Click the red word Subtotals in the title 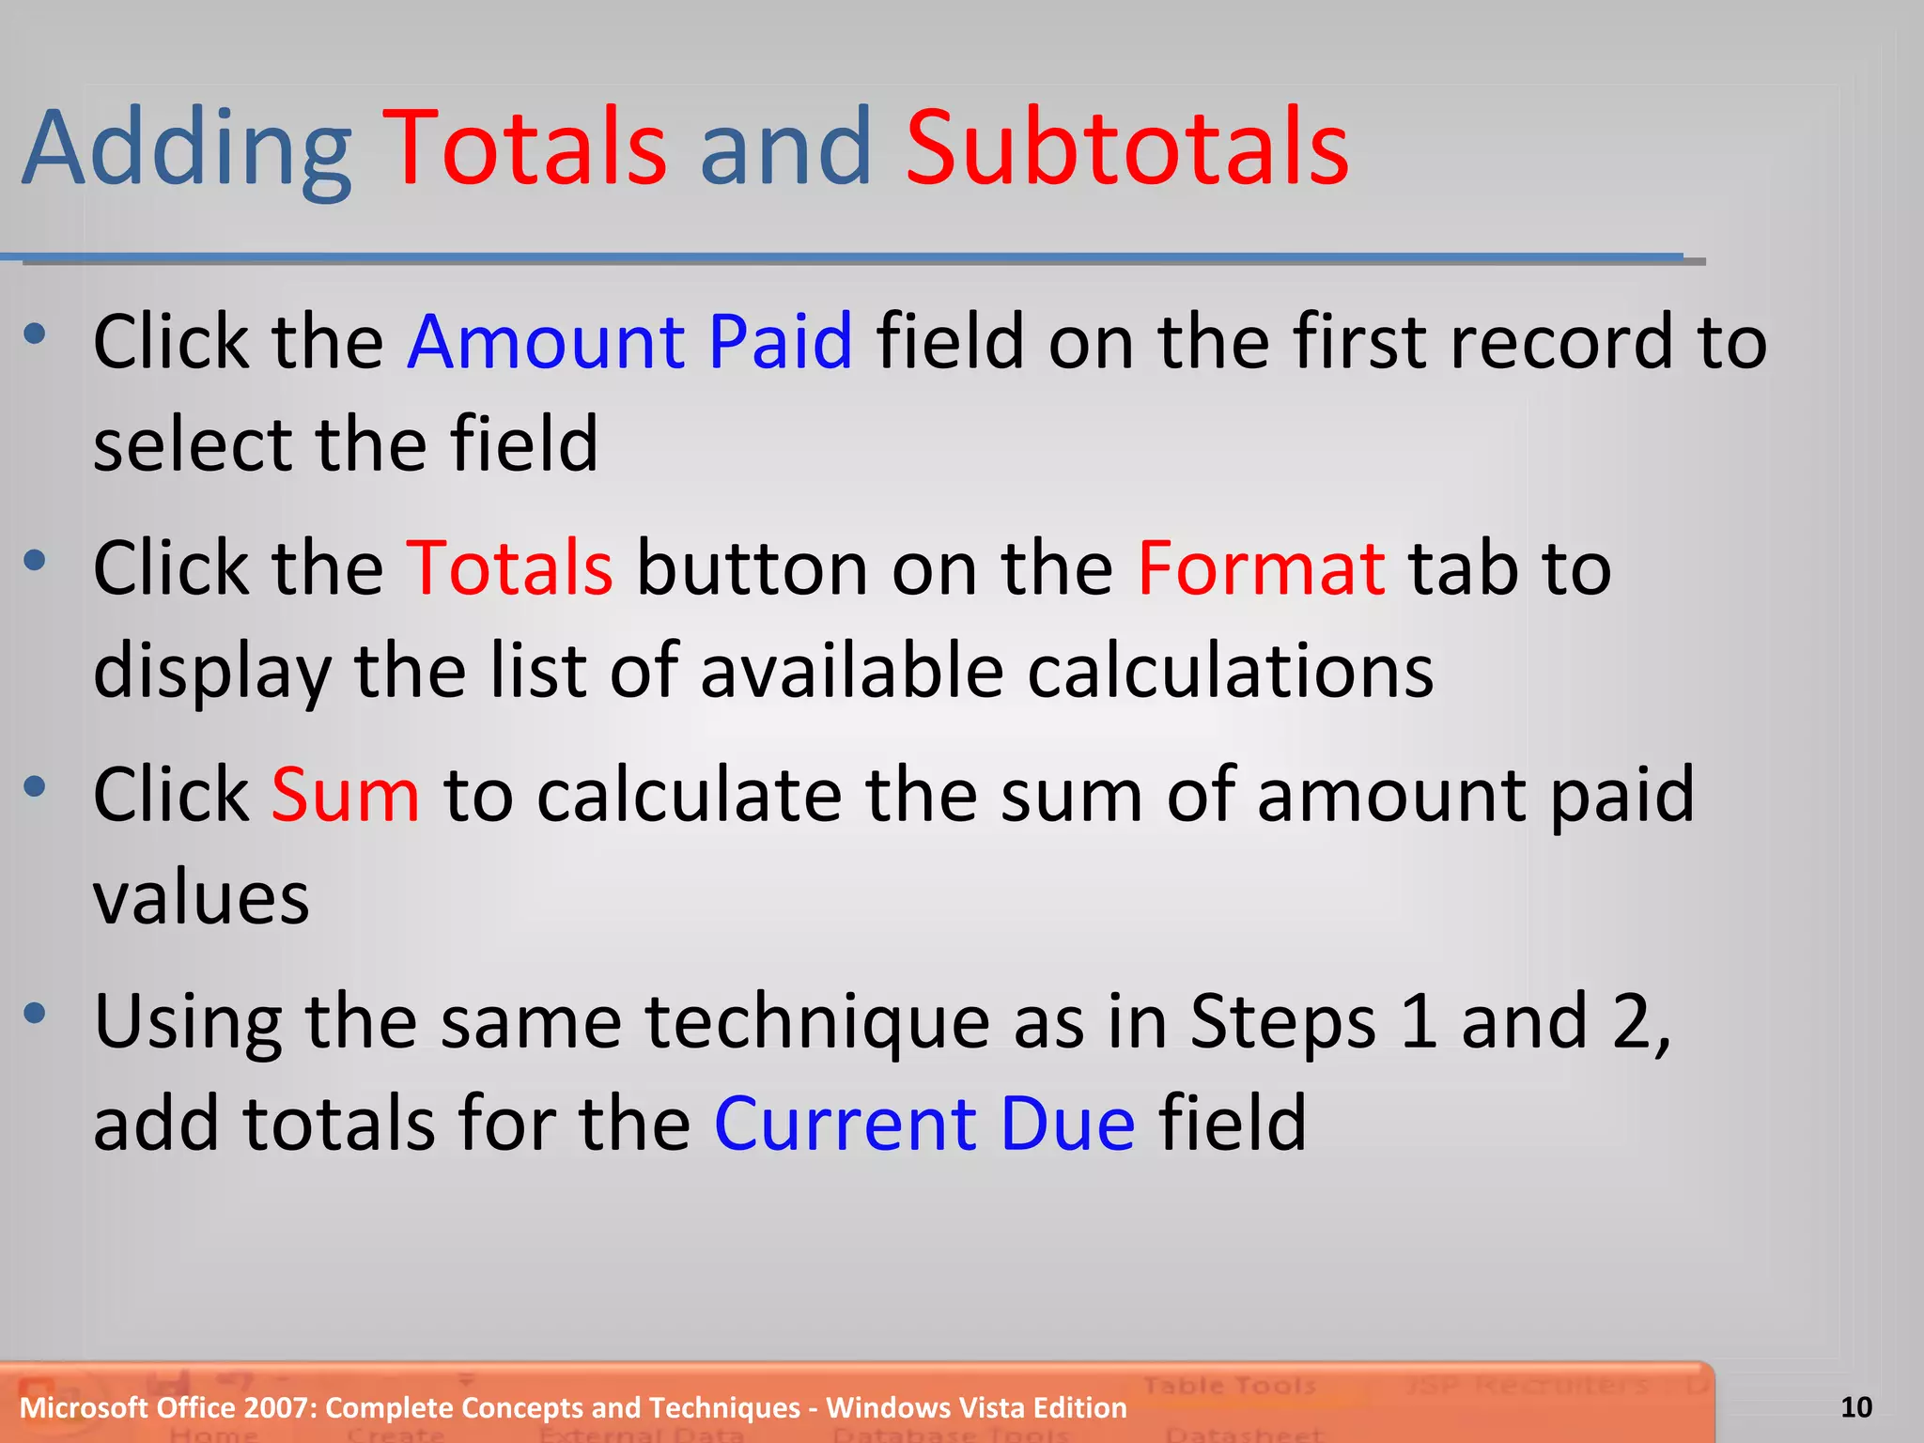[1126, 148]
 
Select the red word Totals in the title [526, 148]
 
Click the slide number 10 [1855, 1407]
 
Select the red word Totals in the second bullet [509, 568]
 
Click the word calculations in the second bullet [1230, 671]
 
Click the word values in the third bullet [201, 898]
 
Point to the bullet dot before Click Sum [35, 786]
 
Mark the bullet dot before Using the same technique [35, 1013]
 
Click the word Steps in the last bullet [1282, 1021]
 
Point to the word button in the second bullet [752, 568]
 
